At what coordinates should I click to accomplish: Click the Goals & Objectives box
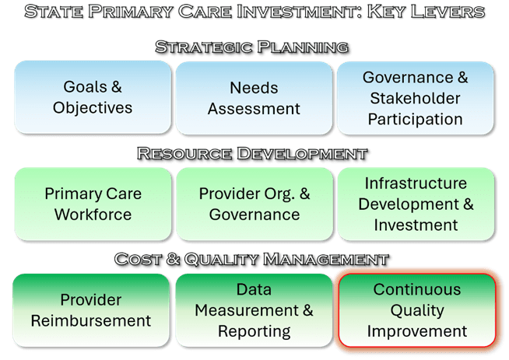(x=93, y=97)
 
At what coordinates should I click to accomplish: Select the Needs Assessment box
(x=254, y=98)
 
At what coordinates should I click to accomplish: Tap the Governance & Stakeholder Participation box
(x=415, y=98)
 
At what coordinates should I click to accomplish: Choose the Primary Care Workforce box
(x=93, y=204)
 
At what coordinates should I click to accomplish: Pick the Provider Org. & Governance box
(x=254, y=204)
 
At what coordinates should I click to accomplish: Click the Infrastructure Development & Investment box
(x=416, y=204)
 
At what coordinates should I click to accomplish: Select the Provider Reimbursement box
(x=91, y=310)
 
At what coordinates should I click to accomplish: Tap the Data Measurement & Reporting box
(x=254, y=310)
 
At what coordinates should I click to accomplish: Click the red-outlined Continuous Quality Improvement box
(x=417, y=310)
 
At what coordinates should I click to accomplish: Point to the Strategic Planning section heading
(x=252, y=47)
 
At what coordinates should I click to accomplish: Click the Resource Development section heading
(x=252, y=153)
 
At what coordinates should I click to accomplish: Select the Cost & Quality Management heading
(x=251, y=260)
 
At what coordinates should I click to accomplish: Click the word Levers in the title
(x=448, y=12)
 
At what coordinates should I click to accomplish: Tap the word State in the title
(x=53, y=12)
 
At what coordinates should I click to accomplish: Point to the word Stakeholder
(x=415, y=98)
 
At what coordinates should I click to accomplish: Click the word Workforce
(x=93, y=215)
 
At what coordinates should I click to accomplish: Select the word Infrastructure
(x=416, y=183)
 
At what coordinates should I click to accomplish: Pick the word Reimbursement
(x=91, y=321)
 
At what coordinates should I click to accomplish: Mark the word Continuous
(x=417, y=289)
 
